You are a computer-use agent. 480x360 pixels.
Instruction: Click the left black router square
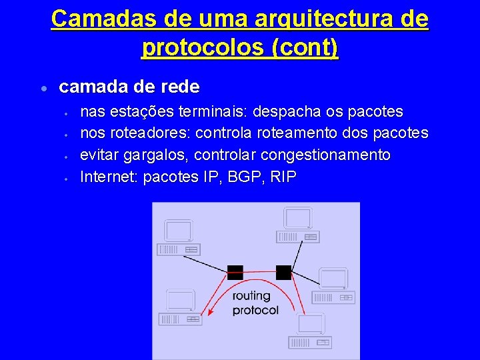pyautogui.click(x=235, y=272)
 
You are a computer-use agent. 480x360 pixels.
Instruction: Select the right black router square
pyautogui.click(x=283, y=272)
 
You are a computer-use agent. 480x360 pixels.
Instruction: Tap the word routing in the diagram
pyautogui.click(x=251, y=295)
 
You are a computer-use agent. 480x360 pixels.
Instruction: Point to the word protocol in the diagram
pyautogui.click(x=255, y=310)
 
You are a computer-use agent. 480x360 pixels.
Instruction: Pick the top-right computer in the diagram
pyautogui.click(x=299, y=225)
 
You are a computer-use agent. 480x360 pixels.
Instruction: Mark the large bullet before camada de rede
pyautogui.click(x=42, y=89)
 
